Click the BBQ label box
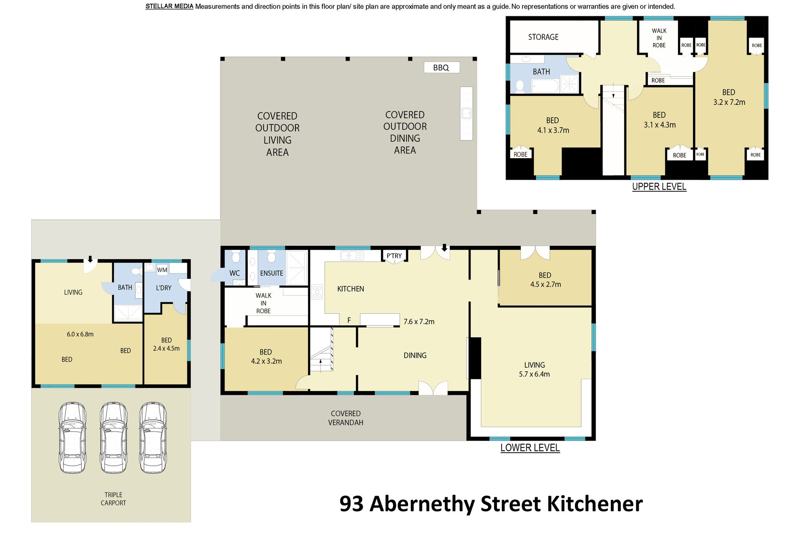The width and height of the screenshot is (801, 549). pos(441,68)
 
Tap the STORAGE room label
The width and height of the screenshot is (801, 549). pos(543,37)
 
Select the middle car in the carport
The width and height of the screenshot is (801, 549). pos(113,438)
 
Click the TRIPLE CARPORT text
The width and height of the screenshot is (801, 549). pos(113,499)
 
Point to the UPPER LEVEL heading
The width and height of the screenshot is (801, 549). pos(659,187)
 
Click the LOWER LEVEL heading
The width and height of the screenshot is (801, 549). pos(530,448)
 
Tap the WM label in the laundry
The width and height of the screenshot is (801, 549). pos(162,270)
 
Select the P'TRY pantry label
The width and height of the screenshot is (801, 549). pos(394,256)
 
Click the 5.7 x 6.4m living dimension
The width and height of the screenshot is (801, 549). pos(534,374)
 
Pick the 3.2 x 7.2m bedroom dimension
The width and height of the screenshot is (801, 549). pos(729,102)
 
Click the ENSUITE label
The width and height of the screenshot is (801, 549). pos(272,273)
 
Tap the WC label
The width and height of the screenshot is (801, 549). pos(234,273)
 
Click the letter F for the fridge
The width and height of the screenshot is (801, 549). pos(349,320)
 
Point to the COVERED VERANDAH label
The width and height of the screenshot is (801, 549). pos(346,418)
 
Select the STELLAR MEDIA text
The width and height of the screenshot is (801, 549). pos(169,6)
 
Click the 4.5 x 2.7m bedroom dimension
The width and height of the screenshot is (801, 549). pos(546,284)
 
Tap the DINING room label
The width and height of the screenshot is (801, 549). pos(415,355)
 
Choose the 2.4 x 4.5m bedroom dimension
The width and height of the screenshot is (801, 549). pos(166,349)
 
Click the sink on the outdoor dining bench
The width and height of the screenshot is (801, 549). pos(466,113)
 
